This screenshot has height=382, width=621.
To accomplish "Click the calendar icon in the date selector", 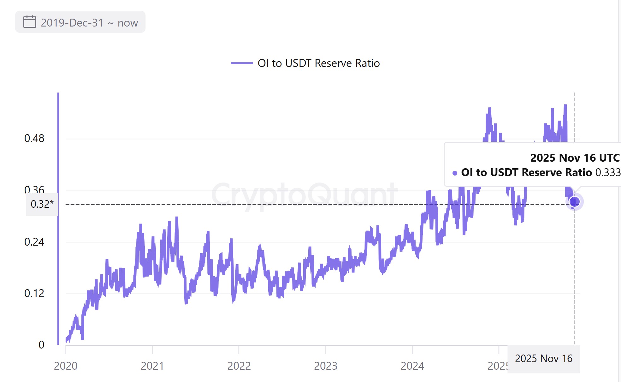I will pos(30,22).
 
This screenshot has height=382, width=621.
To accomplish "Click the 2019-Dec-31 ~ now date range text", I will pos(89,23).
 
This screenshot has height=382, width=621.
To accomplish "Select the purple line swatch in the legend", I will pos(242,63).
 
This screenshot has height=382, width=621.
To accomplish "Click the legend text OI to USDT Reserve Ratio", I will pos(318,63).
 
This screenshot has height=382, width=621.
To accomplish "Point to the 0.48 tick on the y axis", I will pos(34,138).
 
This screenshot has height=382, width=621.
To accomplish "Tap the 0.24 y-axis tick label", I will pos(34,242).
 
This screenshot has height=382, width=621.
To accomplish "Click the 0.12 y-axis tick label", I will pos(34,293).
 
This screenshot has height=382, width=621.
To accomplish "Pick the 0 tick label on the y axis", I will pos(41,345).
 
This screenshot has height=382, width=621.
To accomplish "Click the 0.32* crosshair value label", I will pos(42,204).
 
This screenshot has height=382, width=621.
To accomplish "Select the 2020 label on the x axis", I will pos(66,366).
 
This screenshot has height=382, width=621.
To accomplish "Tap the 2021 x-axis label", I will pos(152,366).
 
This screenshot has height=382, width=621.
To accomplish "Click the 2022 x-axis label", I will pos(239,366).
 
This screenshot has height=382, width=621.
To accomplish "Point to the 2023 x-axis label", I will pos(326,366).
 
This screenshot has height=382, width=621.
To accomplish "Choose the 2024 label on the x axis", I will pos(412,366).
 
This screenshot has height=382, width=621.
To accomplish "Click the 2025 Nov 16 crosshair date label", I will pos(543,359).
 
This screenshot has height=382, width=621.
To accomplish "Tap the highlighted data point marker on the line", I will pos(574,201).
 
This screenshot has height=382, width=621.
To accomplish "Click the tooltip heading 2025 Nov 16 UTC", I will pos(575,158).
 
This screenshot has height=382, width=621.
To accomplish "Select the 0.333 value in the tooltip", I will pos(607,172).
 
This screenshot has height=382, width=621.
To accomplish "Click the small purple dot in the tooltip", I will pos(455,173).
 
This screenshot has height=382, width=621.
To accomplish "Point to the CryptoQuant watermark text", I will pos(304,194).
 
